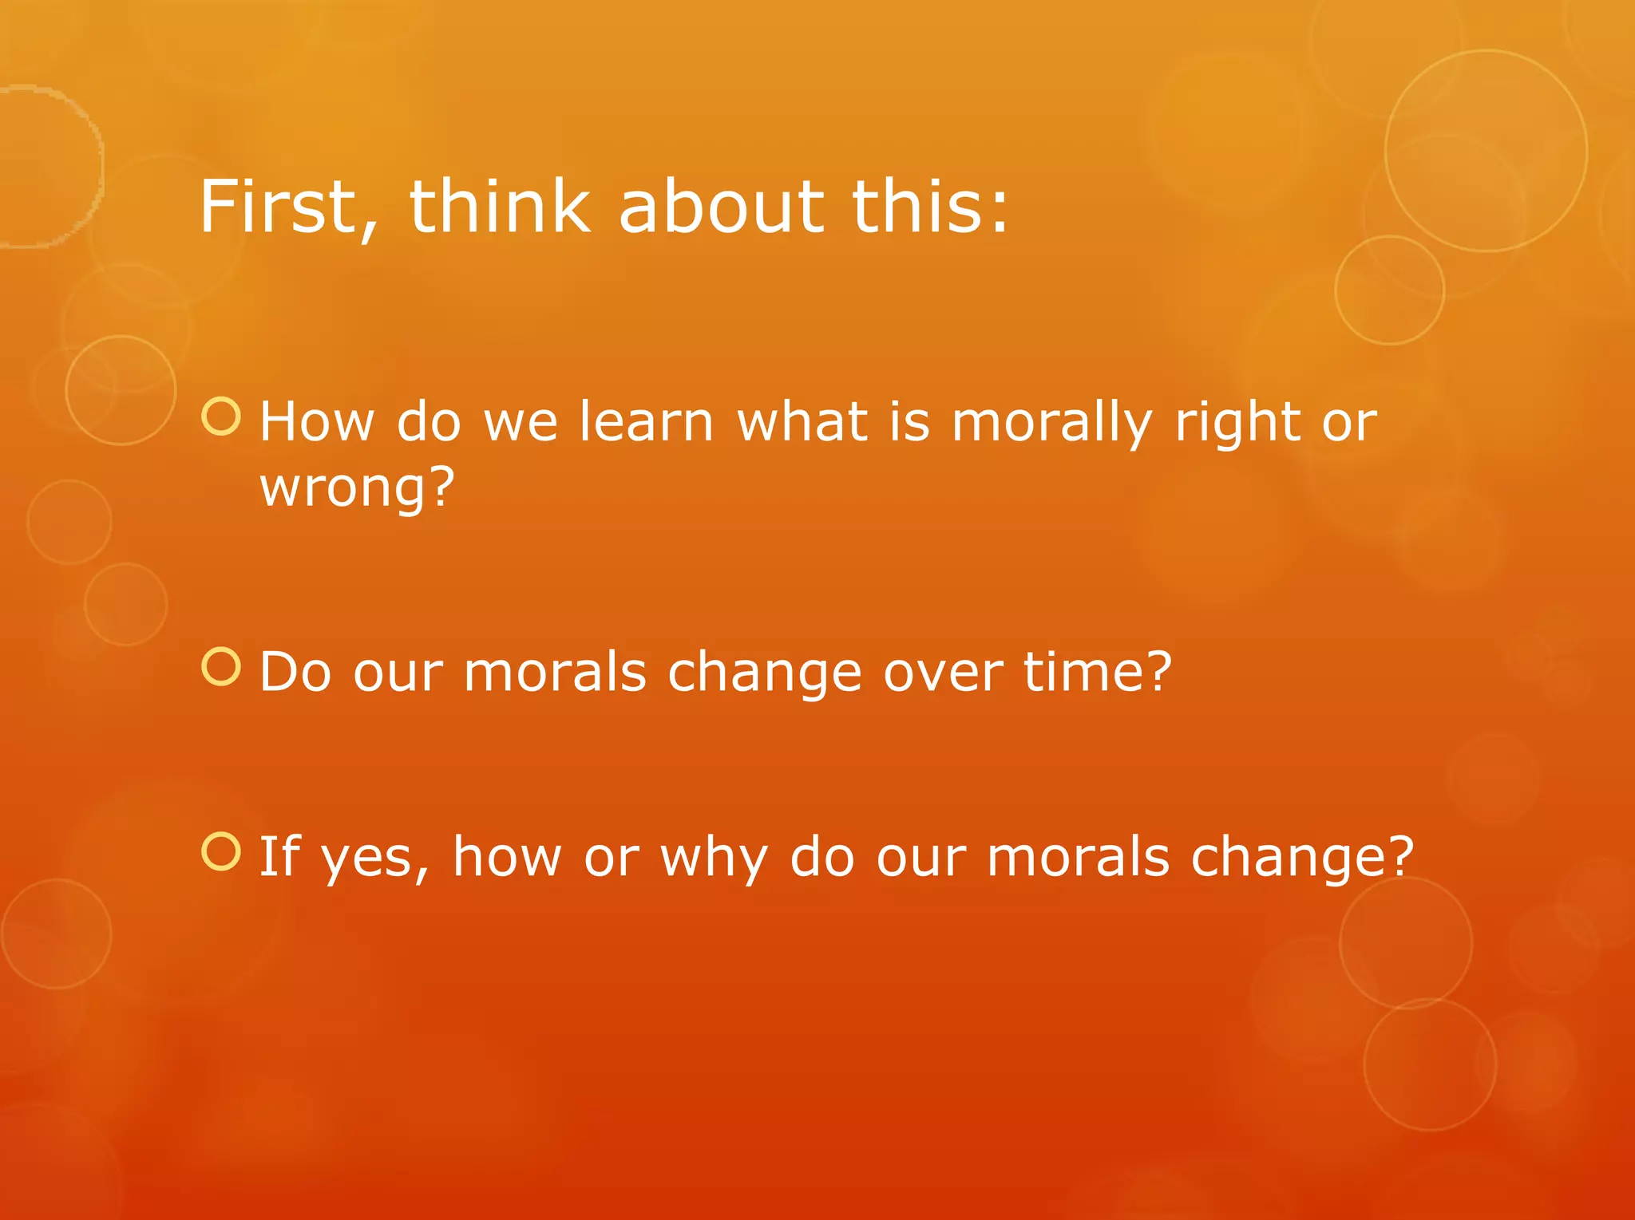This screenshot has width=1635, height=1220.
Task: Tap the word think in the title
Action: point(500,207)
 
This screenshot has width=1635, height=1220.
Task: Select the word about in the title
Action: point(720,207)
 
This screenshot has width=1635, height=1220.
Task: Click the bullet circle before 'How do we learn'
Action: point(221,417)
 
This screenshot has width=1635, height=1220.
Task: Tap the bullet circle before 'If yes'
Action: point(221,851)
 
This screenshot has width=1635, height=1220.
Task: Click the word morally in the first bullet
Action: point(1051,423)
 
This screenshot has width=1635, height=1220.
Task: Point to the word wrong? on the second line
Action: point(357,487)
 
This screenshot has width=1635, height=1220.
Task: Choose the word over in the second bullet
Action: point(942,673)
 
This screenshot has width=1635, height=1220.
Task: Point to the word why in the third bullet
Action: point(713,859)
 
